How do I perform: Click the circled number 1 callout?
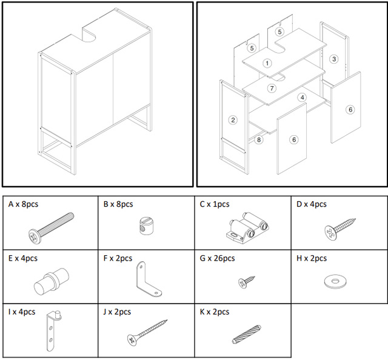267,63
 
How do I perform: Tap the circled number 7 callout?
272,88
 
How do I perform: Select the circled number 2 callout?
233,120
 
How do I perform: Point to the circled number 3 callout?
334,59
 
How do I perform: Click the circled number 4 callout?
302,97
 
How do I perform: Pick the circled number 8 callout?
259,140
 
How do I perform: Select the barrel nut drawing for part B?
145,225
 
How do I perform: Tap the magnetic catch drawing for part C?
247,227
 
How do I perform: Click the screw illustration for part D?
339,229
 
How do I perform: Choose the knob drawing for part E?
52,281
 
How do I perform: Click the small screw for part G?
247,282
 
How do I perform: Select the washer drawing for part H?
335,281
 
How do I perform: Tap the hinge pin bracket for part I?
53,330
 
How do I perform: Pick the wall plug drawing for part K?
247,334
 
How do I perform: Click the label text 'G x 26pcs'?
217,258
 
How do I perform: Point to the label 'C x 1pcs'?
215,204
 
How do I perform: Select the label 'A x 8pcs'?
23,204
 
